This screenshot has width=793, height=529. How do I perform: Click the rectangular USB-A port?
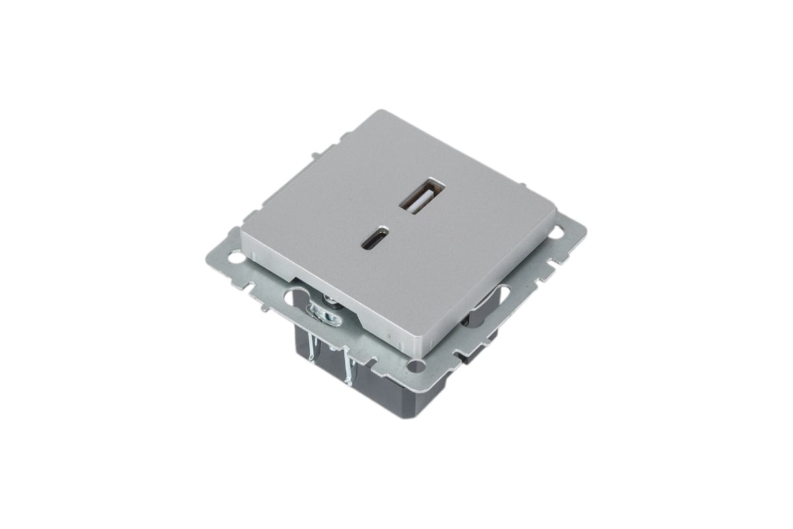click(418, 196)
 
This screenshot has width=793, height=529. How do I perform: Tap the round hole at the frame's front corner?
click(414, 366)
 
